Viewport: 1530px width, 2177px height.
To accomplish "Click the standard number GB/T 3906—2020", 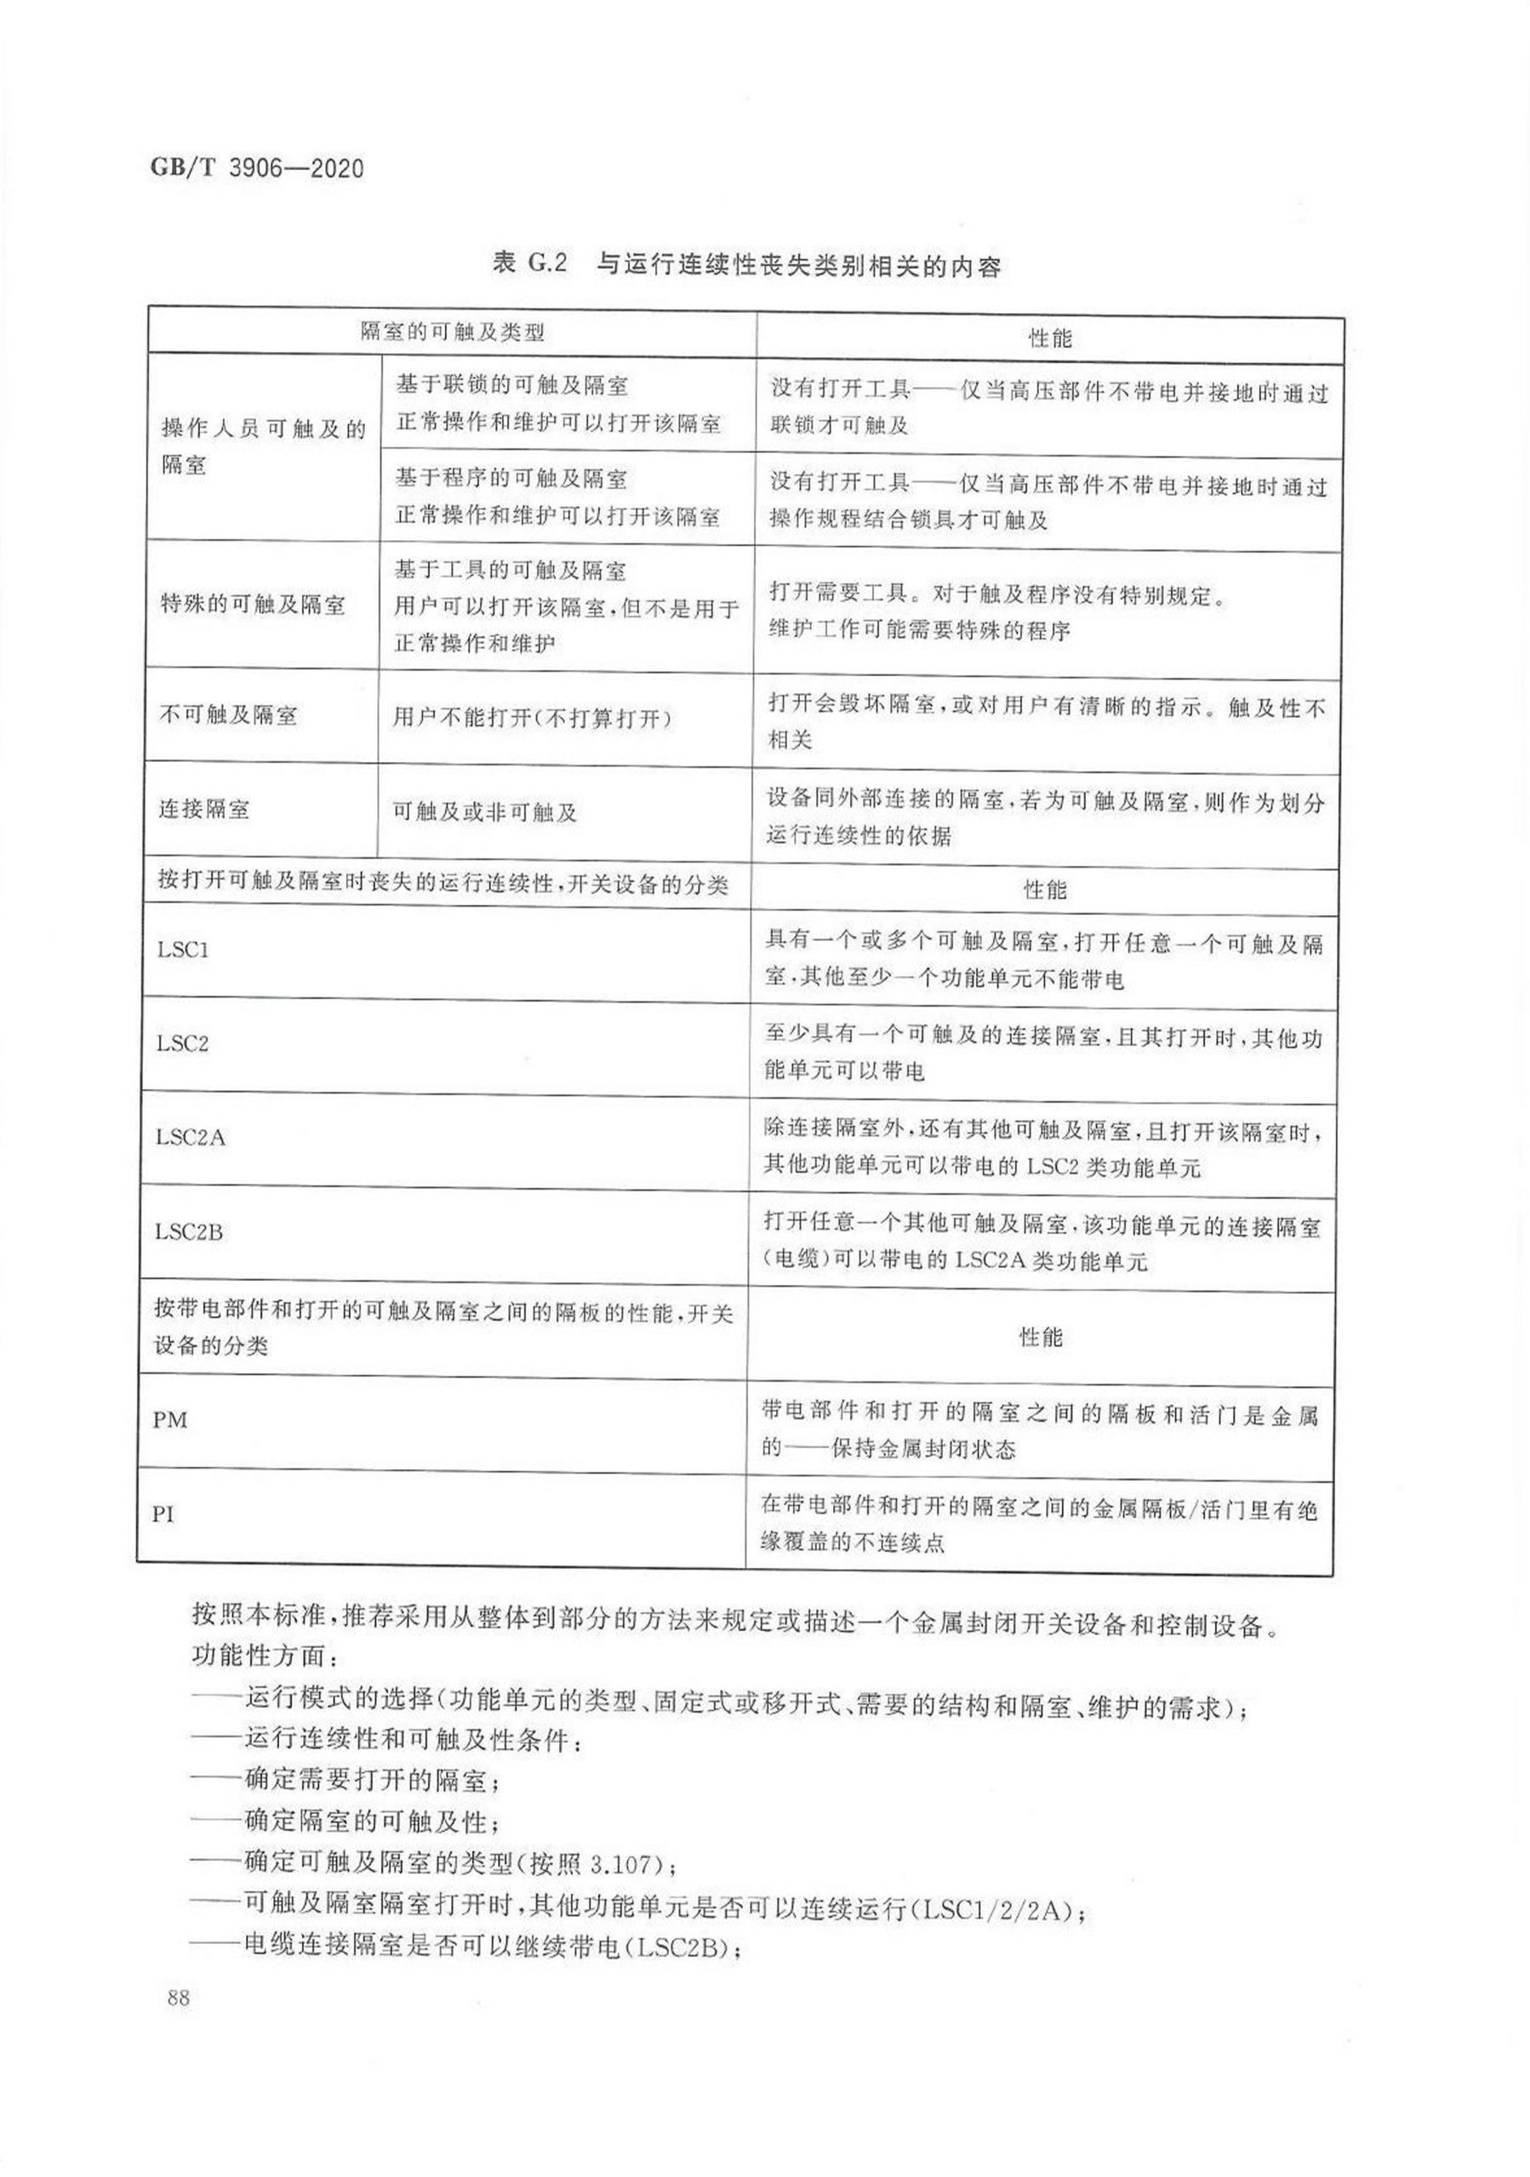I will pyautogui.click(x=257, y=168).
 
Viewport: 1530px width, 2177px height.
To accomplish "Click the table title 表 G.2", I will pyautogui.click(x=528, y=264).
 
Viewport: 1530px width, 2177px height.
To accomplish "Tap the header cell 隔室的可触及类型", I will pyautogui.click(x=453, y=332).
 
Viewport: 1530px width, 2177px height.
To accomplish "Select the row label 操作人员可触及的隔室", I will pyautogui.click(x=263, y=446).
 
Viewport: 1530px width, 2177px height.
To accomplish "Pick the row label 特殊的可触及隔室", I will pyautogui.click(x=253, y=604).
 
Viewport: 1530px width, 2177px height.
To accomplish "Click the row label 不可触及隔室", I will pyautogui.click(x=228, y=715).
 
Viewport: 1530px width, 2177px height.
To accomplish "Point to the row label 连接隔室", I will pyautogui.click(x=204, y=809).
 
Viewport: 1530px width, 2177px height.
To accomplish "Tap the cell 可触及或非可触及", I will pyautogui.click(x=485, y=811).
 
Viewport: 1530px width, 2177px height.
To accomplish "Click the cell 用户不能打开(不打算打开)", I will pyautogui.click(x=532, y=718).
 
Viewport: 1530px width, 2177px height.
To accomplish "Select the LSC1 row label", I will pyautogui.click(x=183, y=949).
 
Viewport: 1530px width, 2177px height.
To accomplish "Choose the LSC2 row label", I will pyautogui.click(x=182, y=1043).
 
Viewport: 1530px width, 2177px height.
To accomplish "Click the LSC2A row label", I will pyautogui.click(x=191, y=1137).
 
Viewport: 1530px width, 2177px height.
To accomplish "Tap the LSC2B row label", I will pyautogui.click(x=189, y=1231).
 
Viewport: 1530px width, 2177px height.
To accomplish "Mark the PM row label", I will pyautogui.click(x=170, y=1419).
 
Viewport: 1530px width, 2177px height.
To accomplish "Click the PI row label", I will pyautogui.click(x=163, y=1514).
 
